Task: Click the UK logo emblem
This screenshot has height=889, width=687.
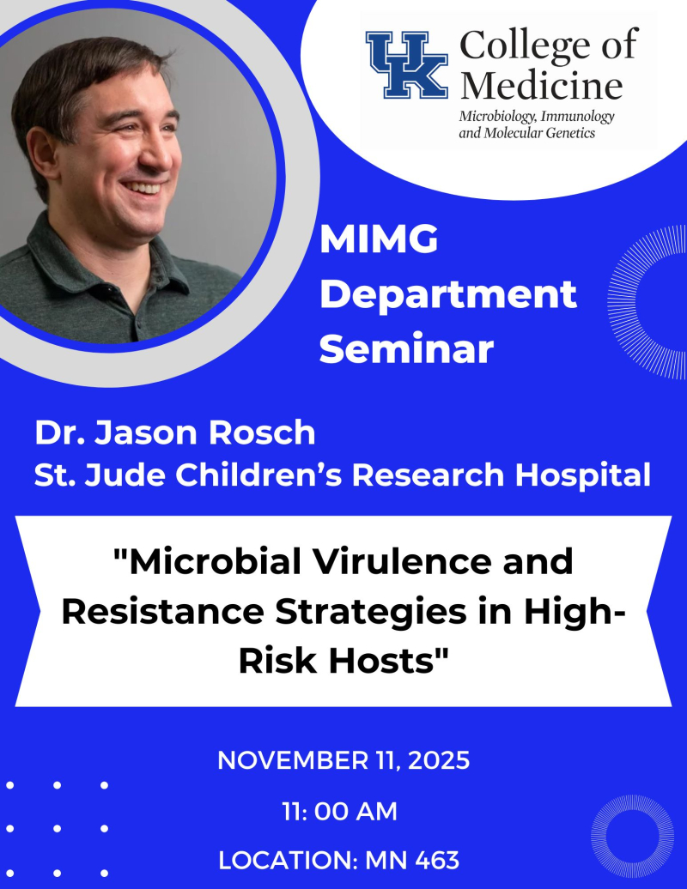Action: (x=407, y=64)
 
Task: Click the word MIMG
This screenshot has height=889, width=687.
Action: (x=379, y=241)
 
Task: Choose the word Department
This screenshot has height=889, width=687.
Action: (x=453, y=295)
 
